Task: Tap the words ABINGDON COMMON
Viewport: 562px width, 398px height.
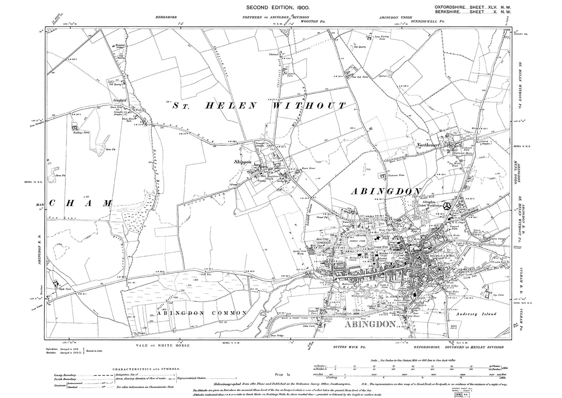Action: (x=198, y=313)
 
